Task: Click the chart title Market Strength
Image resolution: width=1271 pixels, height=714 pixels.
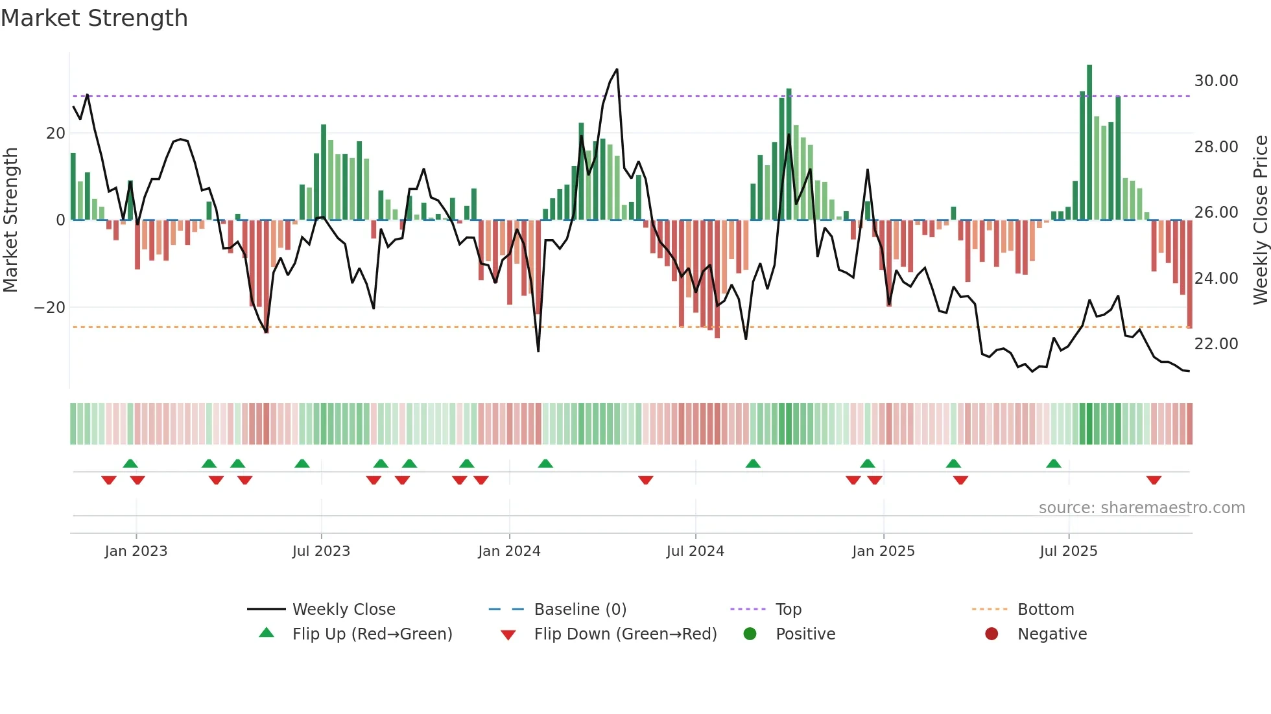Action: click(x=94, y=18)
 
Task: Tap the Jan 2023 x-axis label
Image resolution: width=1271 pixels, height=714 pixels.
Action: click(x=136, y=551)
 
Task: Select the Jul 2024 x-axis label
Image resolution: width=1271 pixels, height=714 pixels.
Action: click(x=695, y=551)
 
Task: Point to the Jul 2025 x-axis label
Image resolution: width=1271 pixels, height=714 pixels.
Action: click(x=1069, y=551)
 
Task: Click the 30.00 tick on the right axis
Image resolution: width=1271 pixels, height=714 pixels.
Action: click(x=1216, y=81)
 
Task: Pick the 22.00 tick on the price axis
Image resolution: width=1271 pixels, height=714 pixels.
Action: click(x=1216, y=344)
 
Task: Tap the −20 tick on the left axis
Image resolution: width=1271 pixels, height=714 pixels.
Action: click(x=50, y=308)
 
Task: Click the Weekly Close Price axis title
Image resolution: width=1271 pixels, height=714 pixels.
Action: click(x=1260, y=220)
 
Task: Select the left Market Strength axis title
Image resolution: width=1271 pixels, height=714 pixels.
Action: click(x=10, y=220)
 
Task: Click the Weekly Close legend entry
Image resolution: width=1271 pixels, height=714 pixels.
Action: click(x=344, y=610)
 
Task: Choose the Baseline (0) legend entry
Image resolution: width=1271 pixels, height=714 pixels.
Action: click(x=580, y=610)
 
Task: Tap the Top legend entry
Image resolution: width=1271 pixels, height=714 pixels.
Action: click(x=789, y=610)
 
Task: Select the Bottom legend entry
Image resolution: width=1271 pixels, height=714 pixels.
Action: click(x=1045, y=610)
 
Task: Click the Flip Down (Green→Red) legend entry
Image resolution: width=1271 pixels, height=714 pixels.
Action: click(x=625, y=634)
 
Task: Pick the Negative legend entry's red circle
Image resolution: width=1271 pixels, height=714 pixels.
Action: click(x=992, y=634)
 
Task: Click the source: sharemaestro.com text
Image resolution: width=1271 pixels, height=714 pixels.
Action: click(x=1141, y=508)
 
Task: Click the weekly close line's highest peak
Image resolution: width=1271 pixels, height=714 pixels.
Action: click(x=617, y=69)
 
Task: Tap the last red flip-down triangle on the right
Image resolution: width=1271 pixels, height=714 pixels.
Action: click(x=1154, y=480)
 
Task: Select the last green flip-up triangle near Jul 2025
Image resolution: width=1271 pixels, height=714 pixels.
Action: click(x=1054, y=463)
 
